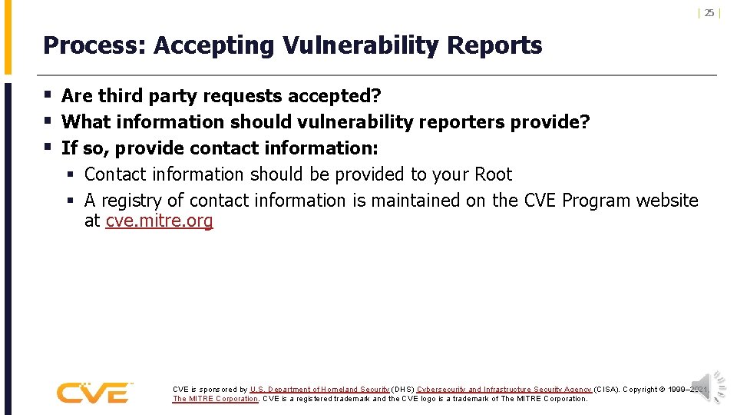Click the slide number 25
pyautogui.click(x=709, y=12)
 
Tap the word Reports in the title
pyautogui.click(x=494, y=46)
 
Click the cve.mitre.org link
pyautogui.click(x=159, y=222)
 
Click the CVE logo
pyautogui.click(x=94, y=393)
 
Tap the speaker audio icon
pyautogui.click(x=708, y=387)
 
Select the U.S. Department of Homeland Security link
pyautogui.click(x=319, y=390)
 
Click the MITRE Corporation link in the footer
pyautogui.click(x=216, y=399)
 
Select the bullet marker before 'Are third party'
pyautogui.click(x=48, y=96)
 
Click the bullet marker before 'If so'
pyautogui.click(x=48, y=148)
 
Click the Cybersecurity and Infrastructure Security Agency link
pyautogui.click(x=504, y=390)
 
